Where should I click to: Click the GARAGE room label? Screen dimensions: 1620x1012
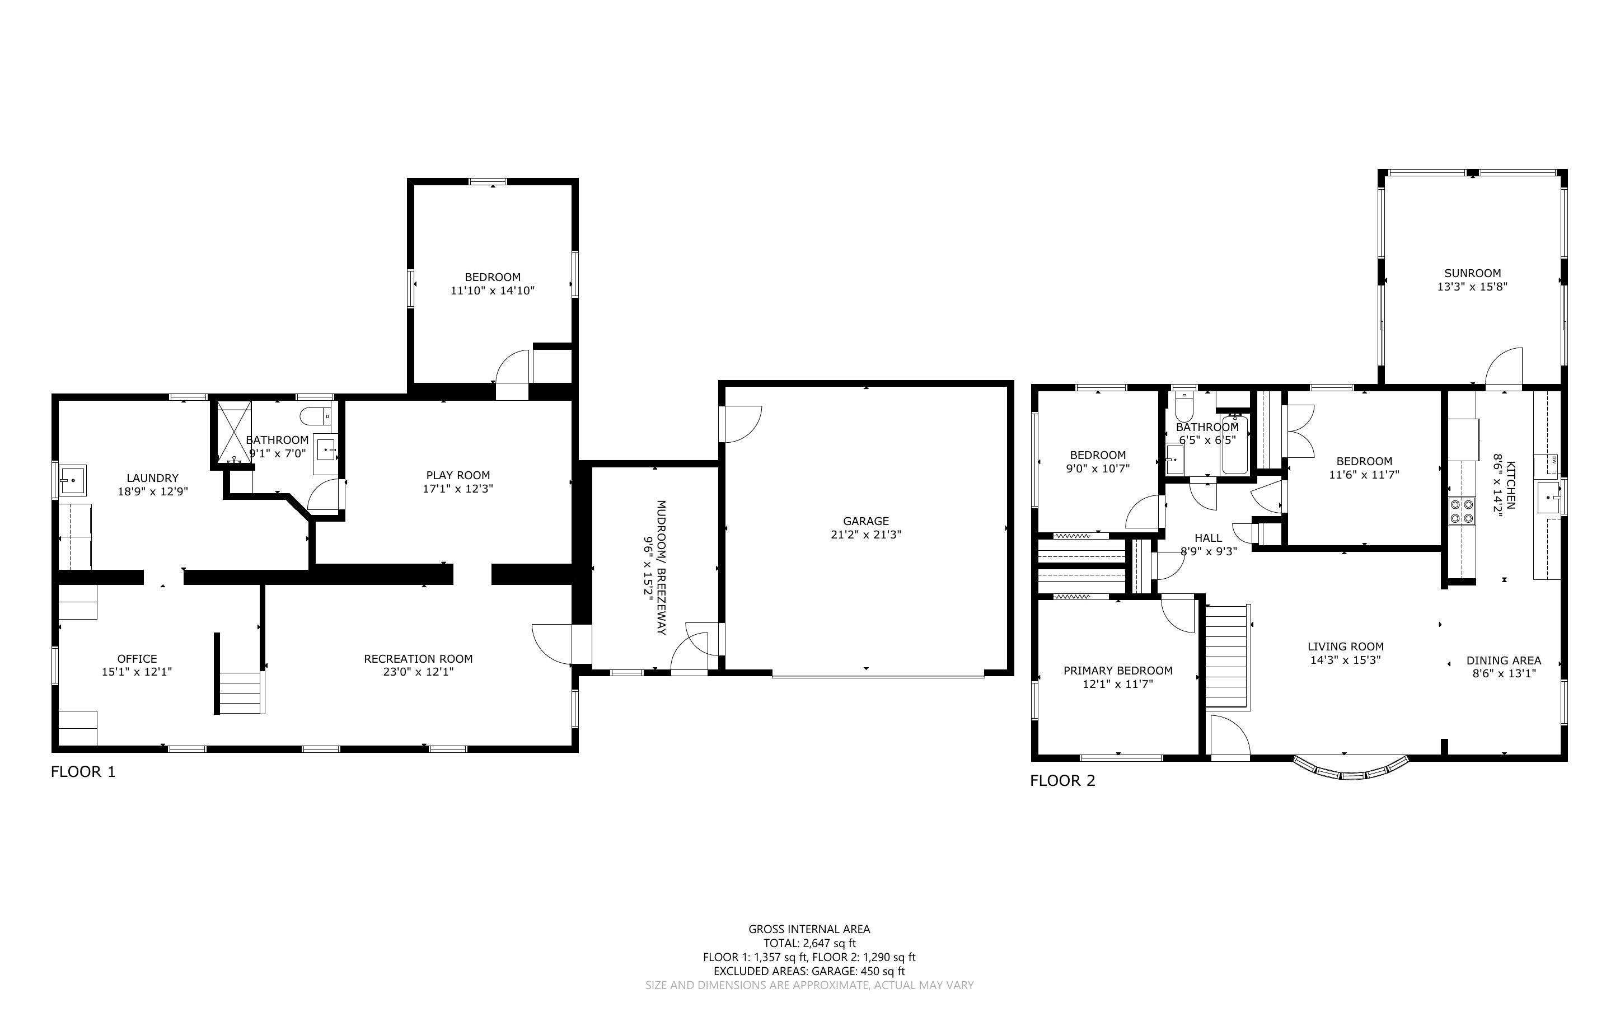[866, 521]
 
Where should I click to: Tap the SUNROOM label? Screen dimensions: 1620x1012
[1472, 273]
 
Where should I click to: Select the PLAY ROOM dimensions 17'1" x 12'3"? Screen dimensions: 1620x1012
[458, 489]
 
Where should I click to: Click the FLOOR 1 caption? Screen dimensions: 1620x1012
[83, 772]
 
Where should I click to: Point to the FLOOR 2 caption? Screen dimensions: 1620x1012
[1062, 780]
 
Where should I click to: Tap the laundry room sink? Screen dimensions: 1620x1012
[72, 480]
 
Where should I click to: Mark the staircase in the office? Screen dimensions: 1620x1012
[240, 694]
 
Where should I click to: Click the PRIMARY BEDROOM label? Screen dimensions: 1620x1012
[1117, 671]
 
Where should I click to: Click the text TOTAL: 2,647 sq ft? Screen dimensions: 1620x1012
[809, 944]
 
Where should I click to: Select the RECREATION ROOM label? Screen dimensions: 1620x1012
[418, 659]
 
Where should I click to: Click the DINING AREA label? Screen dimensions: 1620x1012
[1504, 660]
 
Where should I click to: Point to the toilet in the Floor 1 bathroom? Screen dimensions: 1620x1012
[315, 416]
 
